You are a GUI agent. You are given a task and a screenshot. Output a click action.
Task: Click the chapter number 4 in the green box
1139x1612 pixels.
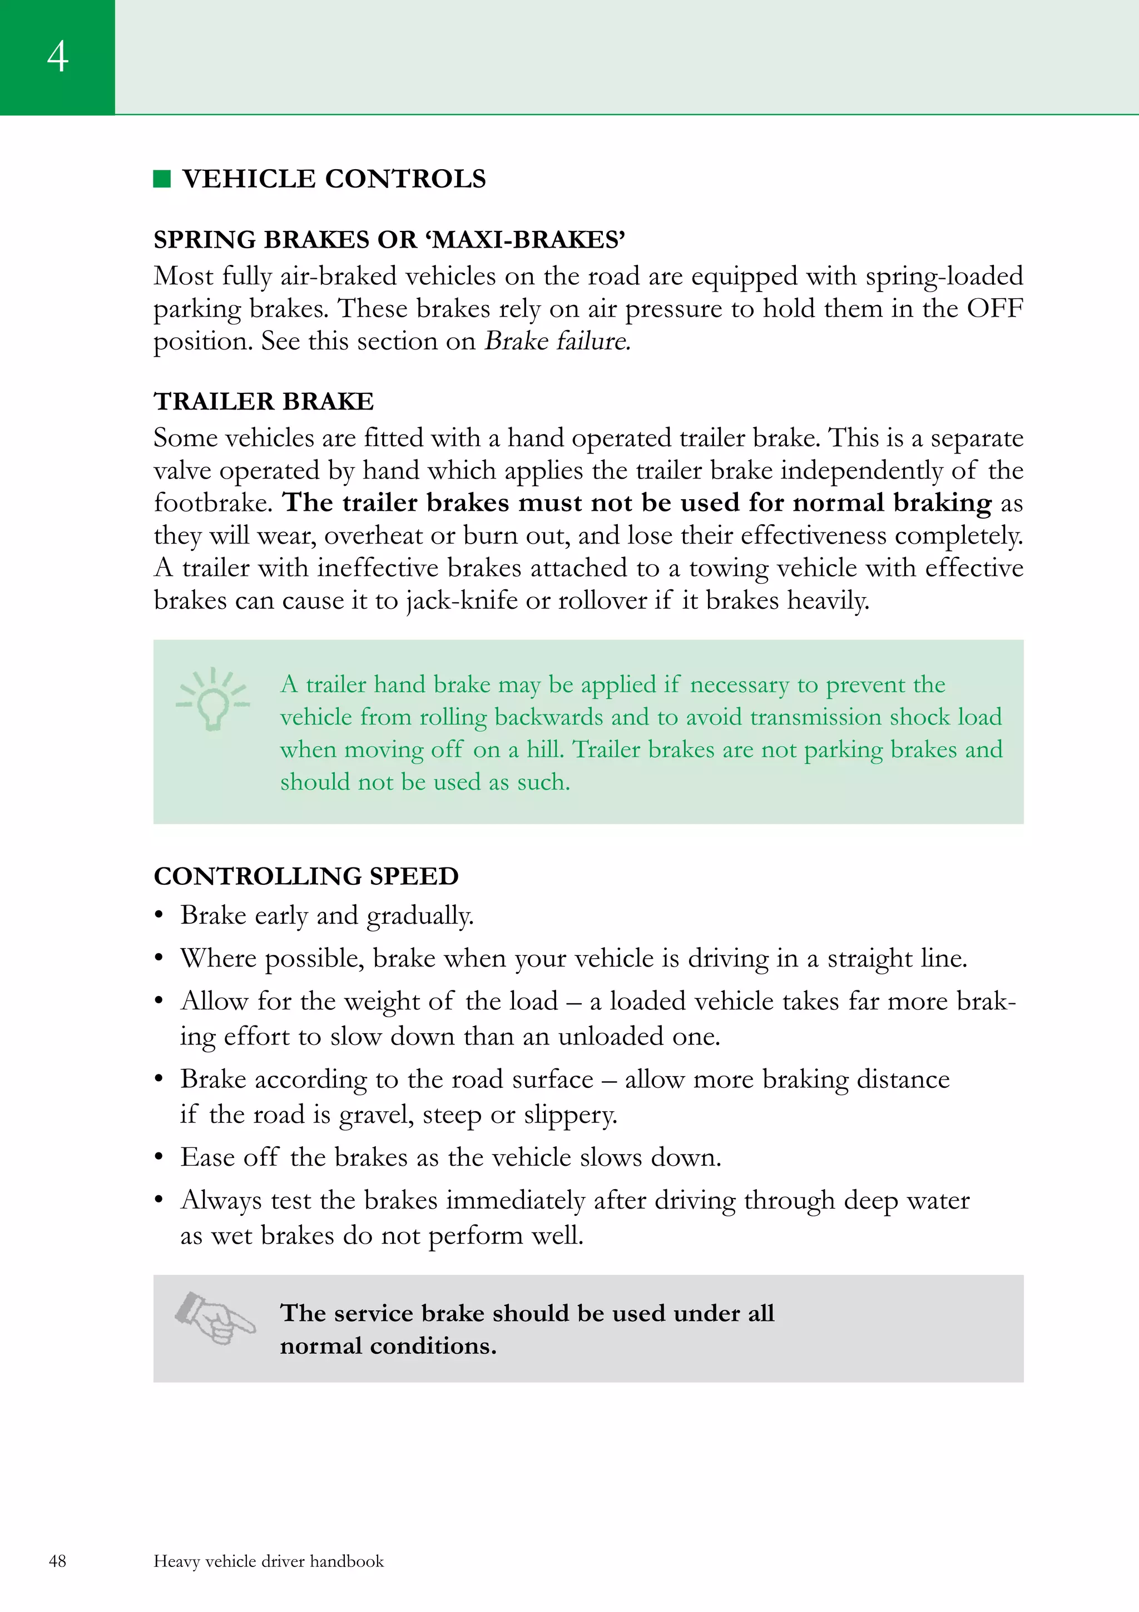[57, 56]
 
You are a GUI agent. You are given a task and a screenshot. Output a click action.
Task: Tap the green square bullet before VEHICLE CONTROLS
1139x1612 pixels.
[162, 179]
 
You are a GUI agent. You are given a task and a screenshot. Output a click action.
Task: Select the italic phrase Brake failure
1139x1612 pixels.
[557, 341]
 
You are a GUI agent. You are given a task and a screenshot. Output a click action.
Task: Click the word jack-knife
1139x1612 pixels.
[461, 601]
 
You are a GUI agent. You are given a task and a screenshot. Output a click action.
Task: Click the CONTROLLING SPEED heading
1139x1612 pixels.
[306, 876]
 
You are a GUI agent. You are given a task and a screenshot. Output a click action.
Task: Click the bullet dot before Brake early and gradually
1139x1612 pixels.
[159, 915]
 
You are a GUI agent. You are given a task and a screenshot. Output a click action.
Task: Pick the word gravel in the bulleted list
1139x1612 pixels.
[375, 1115]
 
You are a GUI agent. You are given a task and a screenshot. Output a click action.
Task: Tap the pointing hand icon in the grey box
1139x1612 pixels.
[214, 1318]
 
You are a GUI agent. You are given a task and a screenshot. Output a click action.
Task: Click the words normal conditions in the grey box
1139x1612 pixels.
[388, 1346]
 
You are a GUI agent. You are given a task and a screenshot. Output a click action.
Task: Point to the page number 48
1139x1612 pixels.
[57, 1561]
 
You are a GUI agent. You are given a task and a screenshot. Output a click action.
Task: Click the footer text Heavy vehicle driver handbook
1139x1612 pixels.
[269, 1561]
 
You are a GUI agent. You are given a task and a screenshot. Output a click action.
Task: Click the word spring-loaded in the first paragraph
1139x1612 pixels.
[944, 277]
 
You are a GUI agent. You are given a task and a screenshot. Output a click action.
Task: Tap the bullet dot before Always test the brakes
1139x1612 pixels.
[159, 1201]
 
